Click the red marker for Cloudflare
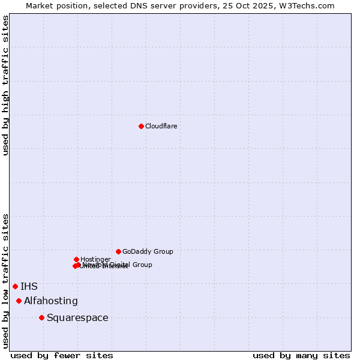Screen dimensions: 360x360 [141, 126]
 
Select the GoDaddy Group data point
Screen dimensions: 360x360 [118, 251]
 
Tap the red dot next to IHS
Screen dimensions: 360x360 [15, 286]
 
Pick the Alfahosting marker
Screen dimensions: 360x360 [19, 301]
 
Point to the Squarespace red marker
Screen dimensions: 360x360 [41, 317]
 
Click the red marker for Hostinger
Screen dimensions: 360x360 [76, 259]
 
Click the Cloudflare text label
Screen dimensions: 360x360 [161, 126]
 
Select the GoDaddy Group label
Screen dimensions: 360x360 [148, 251]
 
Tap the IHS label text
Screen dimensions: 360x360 [29, 286]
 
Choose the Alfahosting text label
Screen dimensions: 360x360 [51, 301]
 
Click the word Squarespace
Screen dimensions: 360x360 [77, 317]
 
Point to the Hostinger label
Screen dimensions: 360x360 [95, 259]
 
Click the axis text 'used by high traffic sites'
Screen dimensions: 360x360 [5, 85]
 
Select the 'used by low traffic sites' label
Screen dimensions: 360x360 [5, 280]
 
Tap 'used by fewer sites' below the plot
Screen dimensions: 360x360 [62, 355]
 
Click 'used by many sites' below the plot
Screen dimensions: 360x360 [301, 355]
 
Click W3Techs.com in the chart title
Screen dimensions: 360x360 [309, 5]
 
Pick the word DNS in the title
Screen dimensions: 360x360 [136, 5]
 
